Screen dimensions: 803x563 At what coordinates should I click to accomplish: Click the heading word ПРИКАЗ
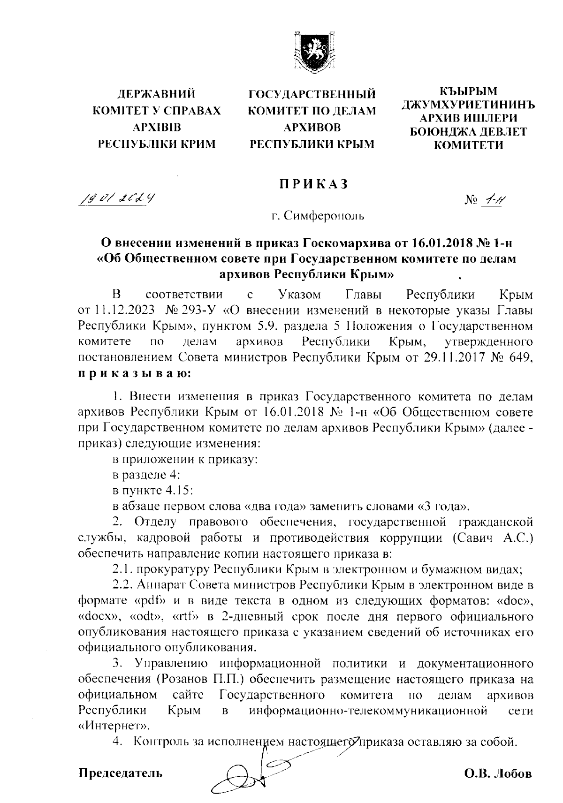click(x=312, y=184)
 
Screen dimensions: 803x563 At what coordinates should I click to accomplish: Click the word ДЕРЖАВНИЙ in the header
click(x=156, y=94)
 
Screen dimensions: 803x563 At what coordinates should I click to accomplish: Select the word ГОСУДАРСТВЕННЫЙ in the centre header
click(x=312, y=95)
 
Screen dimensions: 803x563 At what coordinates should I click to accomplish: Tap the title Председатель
click(x=121, y=773)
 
